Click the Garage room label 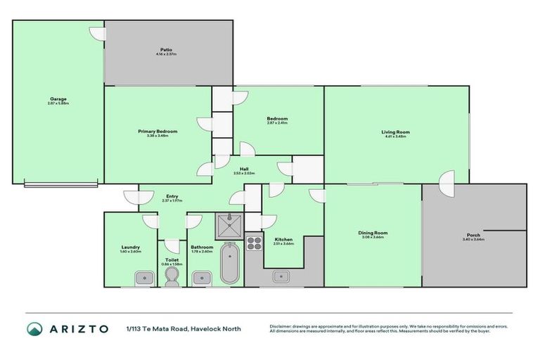point(58,99)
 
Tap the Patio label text point(166,49)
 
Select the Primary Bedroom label point(157,131)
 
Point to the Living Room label point(396,131)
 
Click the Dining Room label point(373,233)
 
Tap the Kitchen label point(284,239)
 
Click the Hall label point(244,169)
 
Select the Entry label point(172,197)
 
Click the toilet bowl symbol point(171,278)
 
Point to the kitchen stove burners point(254,244)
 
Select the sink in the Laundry point(145,278)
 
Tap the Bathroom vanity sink point(202,278)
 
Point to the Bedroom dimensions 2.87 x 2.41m point(277,123)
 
